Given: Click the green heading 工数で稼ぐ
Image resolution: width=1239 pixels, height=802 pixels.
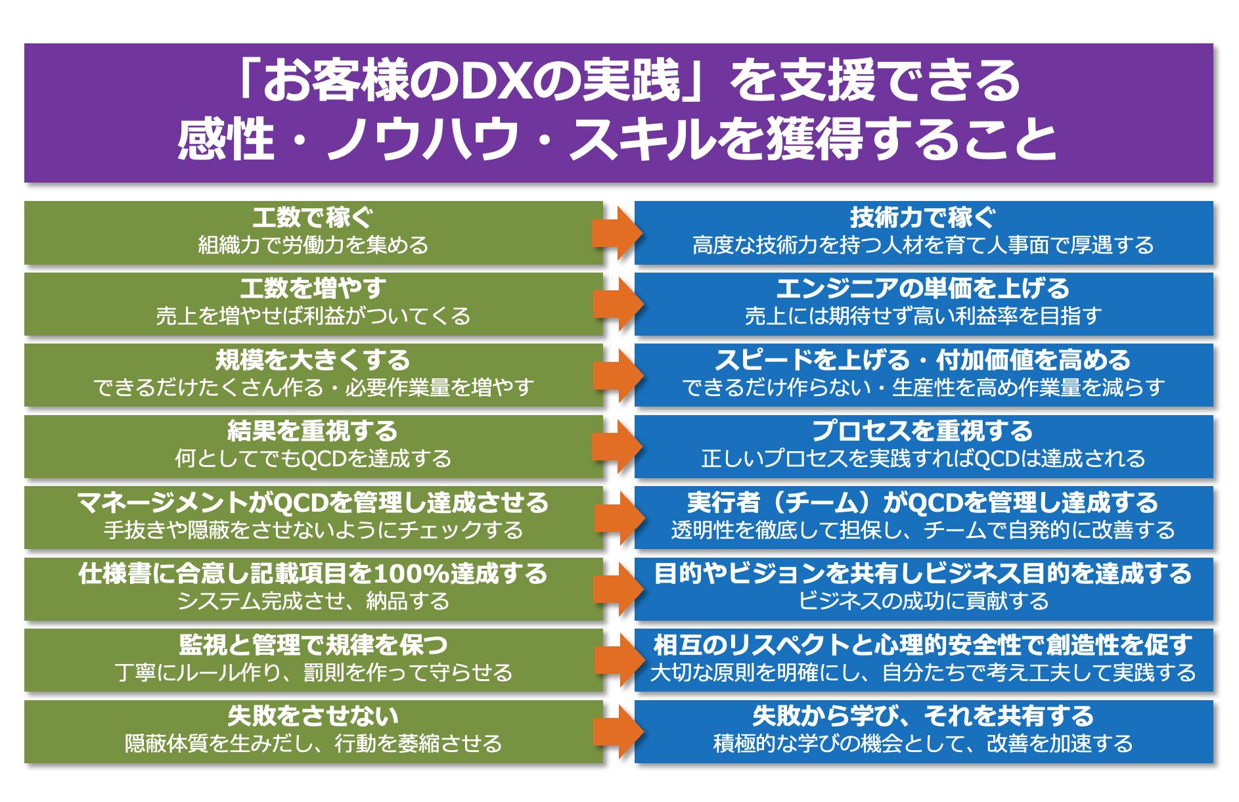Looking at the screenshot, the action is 313,217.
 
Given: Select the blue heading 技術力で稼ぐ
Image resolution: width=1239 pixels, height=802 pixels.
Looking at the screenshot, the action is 923,217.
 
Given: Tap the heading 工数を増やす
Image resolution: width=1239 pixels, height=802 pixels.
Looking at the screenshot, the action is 313,288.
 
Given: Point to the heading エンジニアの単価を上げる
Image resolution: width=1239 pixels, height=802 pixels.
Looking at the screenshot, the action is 923,288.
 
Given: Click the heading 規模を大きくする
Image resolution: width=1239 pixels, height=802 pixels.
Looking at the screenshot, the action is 313,360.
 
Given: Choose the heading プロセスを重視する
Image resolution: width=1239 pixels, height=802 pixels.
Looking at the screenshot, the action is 923,431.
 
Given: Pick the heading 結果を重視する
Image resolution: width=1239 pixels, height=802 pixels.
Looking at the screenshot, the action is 313,431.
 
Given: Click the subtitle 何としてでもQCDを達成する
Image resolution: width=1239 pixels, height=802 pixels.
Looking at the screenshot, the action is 313,458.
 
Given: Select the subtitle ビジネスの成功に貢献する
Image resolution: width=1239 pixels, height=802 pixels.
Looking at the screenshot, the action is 923,600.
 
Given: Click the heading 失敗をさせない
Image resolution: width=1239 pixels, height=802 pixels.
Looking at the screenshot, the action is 313,715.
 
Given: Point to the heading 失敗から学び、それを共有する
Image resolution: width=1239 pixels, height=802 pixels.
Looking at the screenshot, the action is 923,715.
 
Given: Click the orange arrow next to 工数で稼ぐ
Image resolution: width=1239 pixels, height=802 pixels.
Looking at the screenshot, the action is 618,233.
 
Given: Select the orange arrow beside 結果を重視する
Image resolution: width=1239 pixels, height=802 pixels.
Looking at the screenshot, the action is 618,447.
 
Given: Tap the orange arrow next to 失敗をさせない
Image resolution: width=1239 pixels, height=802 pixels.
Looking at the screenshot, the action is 618,732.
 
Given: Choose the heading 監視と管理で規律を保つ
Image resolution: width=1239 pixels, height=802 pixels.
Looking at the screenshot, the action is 313,644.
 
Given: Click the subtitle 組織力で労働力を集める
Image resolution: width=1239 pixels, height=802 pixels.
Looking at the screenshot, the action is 313,244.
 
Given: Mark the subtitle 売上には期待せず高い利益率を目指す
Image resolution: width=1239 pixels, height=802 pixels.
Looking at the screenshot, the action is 923,315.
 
